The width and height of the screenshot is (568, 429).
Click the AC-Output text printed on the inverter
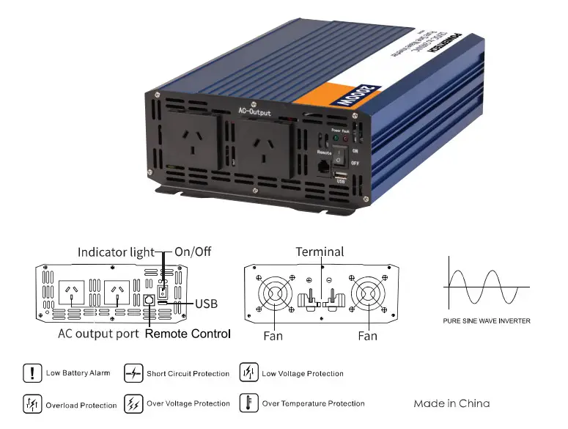tap(254, 112)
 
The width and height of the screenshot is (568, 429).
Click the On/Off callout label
tap(193, 252)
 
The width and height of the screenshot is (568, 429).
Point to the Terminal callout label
tap(320, 252)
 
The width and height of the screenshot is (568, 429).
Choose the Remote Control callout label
tap(188, 334)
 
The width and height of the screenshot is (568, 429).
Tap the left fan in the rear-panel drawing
tap(274, 296)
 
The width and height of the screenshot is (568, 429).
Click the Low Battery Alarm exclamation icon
tap(32, 373)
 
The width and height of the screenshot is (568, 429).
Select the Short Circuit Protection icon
tap(133, 373)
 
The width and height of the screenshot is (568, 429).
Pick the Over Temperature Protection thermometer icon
tap(249, 403)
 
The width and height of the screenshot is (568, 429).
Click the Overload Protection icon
tap(32, 404)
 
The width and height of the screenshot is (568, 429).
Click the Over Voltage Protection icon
tap(133, 404)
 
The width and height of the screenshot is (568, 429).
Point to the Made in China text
tap(451, 403)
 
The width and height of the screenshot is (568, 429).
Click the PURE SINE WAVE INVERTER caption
tap(487, 320)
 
